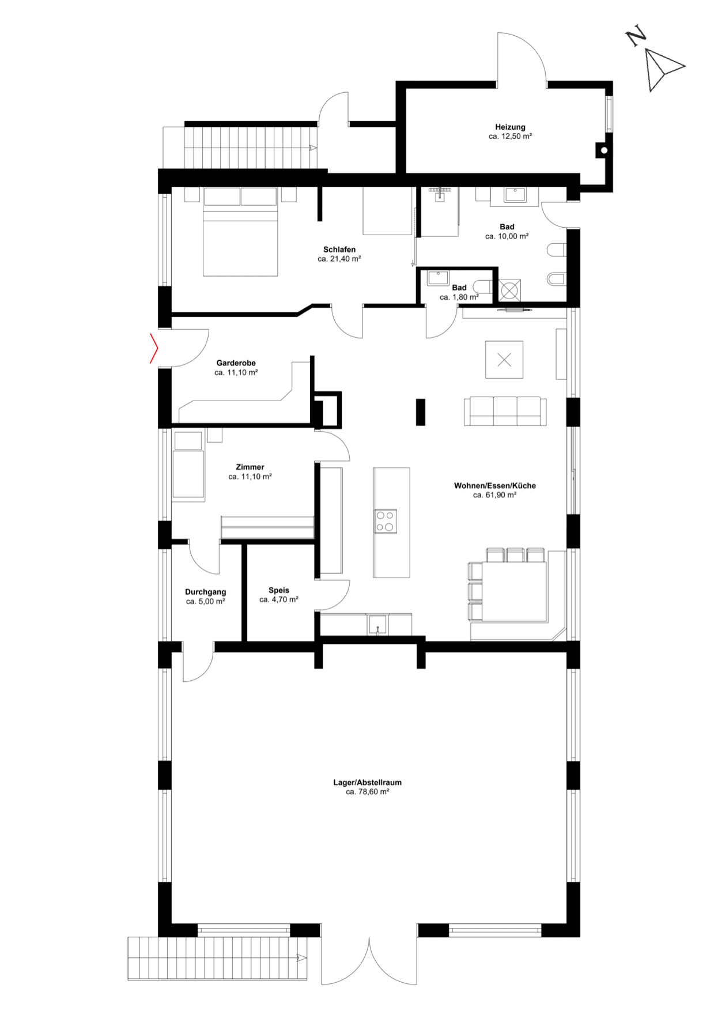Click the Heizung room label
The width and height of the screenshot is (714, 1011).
[510, 127]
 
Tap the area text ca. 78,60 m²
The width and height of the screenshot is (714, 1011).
[367, 792]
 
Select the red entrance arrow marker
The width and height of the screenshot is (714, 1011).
[154, 348]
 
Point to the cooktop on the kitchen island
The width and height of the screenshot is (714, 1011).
[385, 521]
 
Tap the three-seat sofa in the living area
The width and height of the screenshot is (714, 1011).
[505, 411]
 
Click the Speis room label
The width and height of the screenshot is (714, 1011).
[279, 590]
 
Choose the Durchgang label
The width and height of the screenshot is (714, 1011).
[205, 592]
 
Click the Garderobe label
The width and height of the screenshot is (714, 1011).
[236, 363]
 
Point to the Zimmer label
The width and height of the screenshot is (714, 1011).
[250, 467]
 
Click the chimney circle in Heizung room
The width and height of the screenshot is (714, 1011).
[604, 150]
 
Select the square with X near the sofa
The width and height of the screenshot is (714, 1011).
[504, 360]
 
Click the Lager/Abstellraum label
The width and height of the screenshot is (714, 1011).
[367, 782]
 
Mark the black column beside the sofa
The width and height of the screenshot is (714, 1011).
[421, 412]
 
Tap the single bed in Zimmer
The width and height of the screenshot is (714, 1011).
[188, 466]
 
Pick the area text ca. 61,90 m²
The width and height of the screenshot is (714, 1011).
[494, 495]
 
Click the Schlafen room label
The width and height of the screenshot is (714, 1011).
[339, 250]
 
